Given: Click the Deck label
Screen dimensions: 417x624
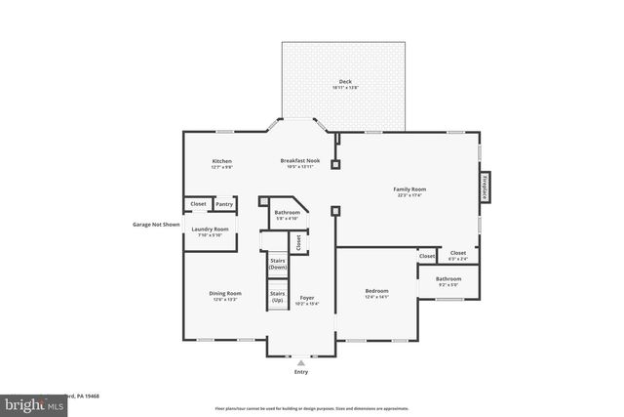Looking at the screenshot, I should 345,82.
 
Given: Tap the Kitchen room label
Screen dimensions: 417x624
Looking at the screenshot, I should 222,161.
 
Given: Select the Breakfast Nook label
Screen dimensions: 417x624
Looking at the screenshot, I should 300,161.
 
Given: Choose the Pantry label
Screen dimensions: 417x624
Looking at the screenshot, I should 224,204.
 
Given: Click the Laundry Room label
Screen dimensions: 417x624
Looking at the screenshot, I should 210,230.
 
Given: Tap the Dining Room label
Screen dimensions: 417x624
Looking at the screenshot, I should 225,294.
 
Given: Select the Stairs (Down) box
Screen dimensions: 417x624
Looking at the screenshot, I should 277,265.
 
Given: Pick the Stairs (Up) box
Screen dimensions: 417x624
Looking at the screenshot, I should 277,297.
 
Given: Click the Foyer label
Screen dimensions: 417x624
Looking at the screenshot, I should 307,298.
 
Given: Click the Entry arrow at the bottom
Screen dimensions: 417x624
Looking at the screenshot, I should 301,361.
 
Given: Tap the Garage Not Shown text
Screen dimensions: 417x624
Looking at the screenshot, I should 156,224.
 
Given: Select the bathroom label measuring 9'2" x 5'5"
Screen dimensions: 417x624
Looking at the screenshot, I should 449,280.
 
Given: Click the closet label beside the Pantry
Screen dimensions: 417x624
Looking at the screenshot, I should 198,204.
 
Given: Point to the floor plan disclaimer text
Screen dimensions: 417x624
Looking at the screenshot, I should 311,408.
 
